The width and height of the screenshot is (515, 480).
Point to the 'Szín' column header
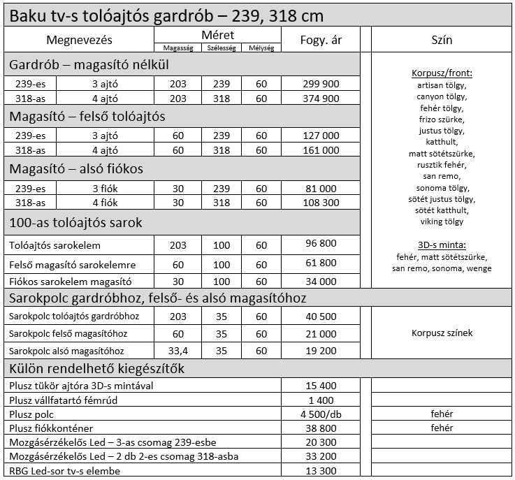pyautogui.click(x=442, y=40)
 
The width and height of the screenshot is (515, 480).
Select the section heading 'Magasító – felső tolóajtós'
pyautogui.click(x=87, y=117)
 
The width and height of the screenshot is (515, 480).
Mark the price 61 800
pyautogui.click(x=322, y=264)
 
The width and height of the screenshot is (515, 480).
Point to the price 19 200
pyautogui.click(x=322, y=351)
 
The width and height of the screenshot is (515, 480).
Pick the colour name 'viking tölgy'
pyautogui.click(x=442, y=222)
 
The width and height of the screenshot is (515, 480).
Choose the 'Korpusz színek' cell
pyautogui.click(x=442, y=333)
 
